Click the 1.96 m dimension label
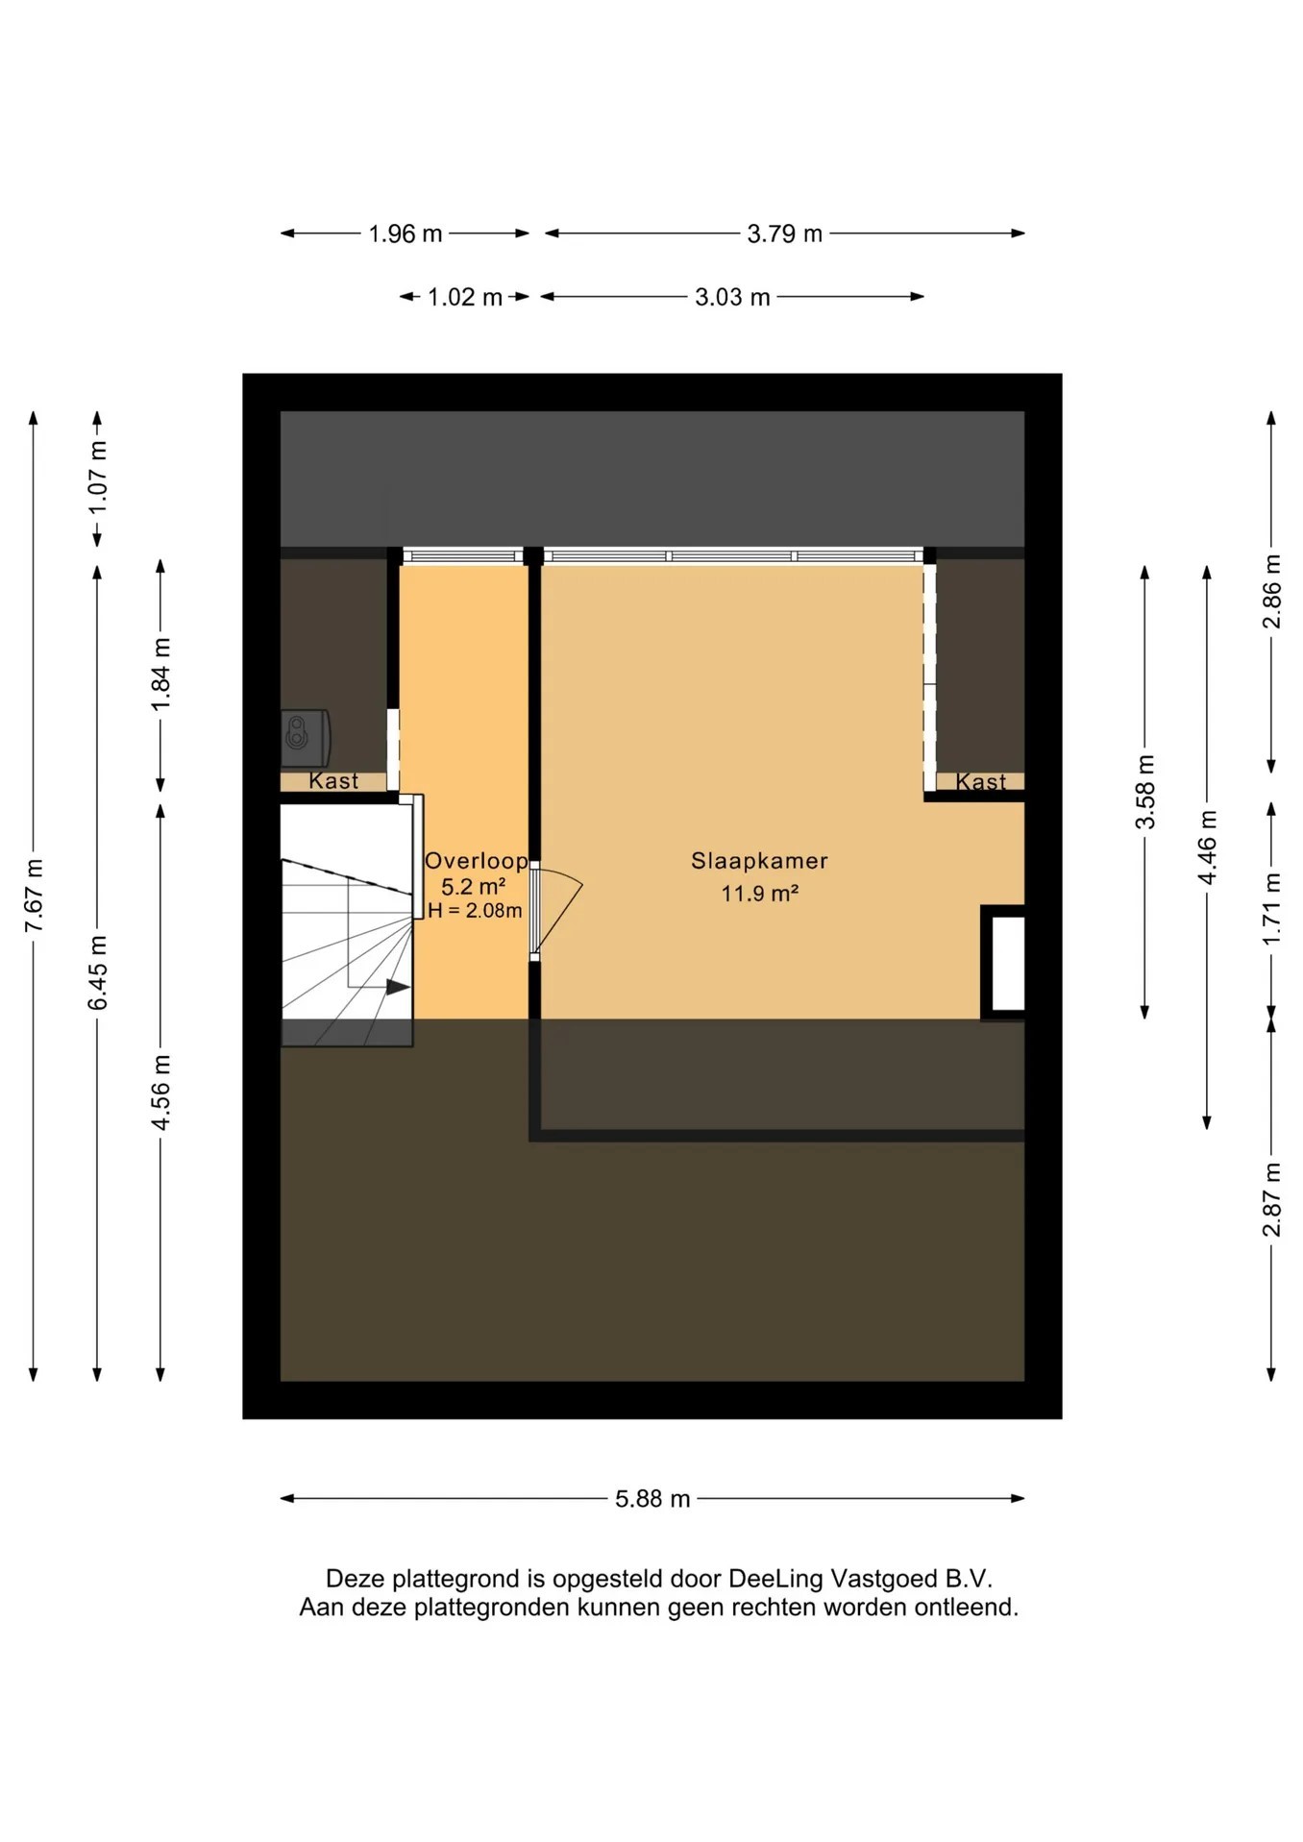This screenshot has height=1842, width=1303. [405, 233]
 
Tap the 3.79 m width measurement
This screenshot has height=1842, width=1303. [784, 233]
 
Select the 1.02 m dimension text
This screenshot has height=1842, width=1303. [464, 297]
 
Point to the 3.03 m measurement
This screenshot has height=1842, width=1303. [732, 297]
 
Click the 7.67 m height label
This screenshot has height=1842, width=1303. [34, 896]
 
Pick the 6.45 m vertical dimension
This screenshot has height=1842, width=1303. [97, 971]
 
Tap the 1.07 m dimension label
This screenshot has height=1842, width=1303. [97, 477]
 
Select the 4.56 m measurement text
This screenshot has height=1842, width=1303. [160, 1092]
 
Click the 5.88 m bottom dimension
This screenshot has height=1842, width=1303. [652, 1498]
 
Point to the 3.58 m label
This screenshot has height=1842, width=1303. [1144, 792]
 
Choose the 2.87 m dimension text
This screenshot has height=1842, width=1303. [1271, 1199]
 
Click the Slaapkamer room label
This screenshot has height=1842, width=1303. [759, 861]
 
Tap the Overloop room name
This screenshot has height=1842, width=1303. [476, 861]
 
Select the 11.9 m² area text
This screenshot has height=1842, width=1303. [759, 894]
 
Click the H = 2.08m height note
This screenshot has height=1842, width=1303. [475, 911]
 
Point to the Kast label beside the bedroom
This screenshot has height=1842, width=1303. [980, 782]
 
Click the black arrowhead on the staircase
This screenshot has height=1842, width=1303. [398, 987]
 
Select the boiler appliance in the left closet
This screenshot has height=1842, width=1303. [306, 738]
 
